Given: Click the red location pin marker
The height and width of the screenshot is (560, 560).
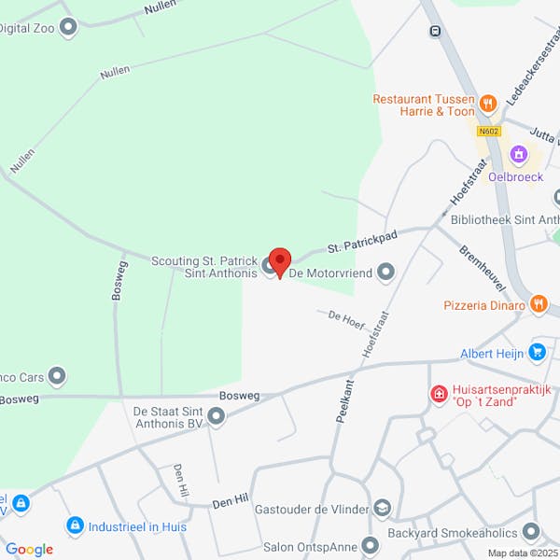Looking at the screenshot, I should [x=280, y=260].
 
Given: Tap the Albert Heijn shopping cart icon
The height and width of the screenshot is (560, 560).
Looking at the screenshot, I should [x=537, y=353].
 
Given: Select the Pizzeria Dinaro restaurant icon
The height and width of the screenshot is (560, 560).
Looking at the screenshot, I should [x=539, y=304].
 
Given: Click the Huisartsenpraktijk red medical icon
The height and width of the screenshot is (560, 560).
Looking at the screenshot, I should [x=438, y=395].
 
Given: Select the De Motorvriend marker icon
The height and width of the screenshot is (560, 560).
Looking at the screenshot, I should [x=385, y=273].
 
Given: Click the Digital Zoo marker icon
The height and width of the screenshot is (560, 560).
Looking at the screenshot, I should [x=67, y=28].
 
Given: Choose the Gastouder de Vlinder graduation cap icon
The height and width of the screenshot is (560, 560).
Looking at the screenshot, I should [x=381, y=508].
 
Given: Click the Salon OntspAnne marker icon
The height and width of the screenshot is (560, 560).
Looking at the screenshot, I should [x=371, y=544].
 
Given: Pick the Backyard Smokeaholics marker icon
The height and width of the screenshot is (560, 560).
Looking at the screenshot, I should [x=532, y=532].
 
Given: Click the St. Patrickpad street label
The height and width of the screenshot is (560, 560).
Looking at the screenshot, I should [x=361, y=243].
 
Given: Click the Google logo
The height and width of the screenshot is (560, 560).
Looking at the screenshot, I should [x=29, y=550].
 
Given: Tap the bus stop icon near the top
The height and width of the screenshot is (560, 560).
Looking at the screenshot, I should [x=435, y=32].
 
